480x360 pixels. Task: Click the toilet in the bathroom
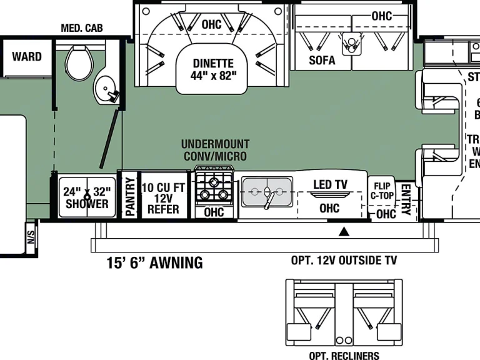[x=79, y=62]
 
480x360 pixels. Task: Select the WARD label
[x=27, y=57]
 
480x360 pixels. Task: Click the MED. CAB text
[x=82, y=28]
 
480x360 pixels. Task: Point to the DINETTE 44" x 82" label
[x=212, y=69]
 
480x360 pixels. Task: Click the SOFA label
[x=322, y=60]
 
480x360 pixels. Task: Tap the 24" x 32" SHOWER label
[x=87, y=197]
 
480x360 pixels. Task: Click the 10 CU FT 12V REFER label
[x=163, y=198]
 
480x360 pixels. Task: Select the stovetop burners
[x=213, y=186]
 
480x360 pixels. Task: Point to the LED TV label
[x=330, y=185]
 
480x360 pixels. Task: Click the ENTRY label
[x=405, y=199]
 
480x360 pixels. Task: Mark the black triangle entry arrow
[x=343, y=232]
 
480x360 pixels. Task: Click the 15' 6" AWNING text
[x=154, y=262]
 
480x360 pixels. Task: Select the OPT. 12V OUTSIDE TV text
[x=344, y=261]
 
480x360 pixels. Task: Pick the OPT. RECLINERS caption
[x=344, y=356]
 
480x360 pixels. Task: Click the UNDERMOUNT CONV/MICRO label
[x=215, y=150]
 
